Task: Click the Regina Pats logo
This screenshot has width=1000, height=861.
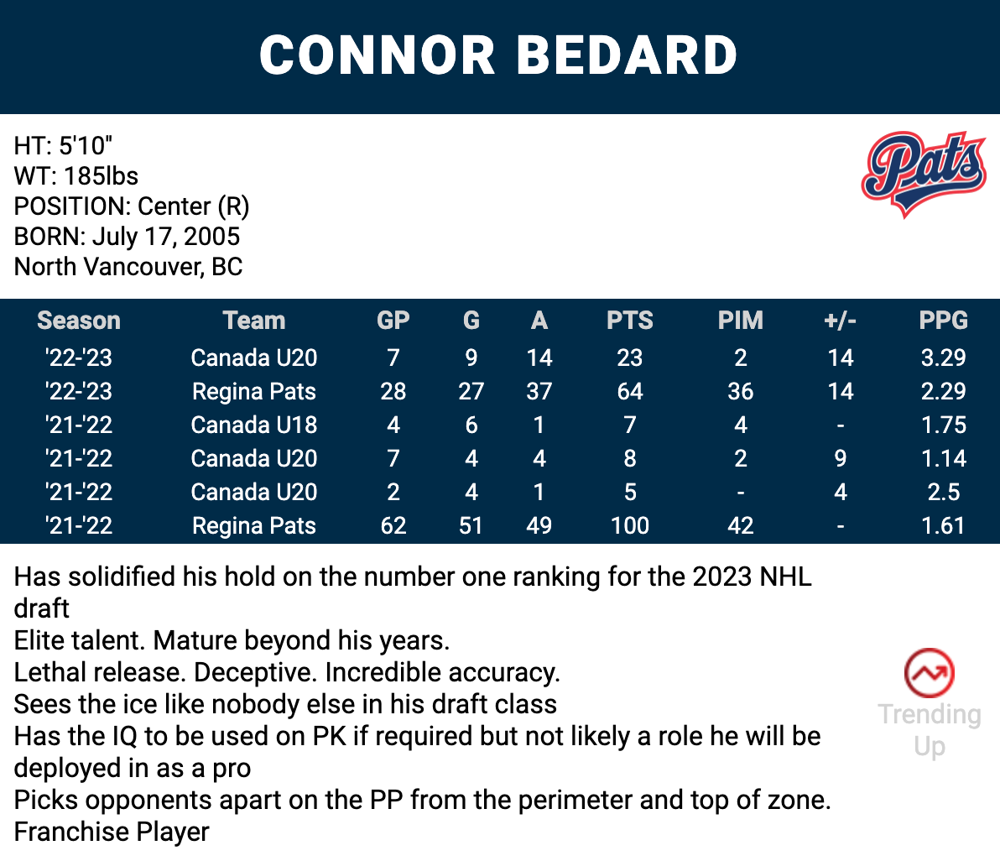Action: [924, 174]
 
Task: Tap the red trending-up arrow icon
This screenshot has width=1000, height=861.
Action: [930, 673]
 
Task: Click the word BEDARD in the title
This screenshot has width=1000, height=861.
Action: [627, 55]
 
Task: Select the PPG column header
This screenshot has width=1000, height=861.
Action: [943, 321]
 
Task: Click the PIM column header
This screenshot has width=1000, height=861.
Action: [741, 321]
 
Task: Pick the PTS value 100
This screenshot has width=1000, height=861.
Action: [629, 525]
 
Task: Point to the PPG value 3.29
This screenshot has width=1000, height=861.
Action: [943, 357]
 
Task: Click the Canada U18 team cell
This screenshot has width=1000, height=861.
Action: [254, 425]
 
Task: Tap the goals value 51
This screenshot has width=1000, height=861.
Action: [471, 525]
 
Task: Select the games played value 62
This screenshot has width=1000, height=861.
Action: [393, 525]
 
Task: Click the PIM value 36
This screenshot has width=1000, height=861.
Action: [741, 391]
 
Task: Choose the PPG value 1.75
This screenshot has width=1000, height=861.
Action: [943, 425]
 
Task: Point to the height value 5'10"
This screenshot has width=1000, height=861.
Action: [85, 146]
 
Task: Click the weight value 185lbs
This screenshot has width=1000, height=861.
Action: [101, 176]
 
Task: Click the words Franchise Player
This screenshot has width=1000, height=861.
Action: [112, 832]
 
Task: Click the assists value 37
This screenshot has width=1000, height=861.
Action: [539, 391]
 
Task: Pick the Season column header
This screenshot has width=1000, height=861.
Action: [79, 321]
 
